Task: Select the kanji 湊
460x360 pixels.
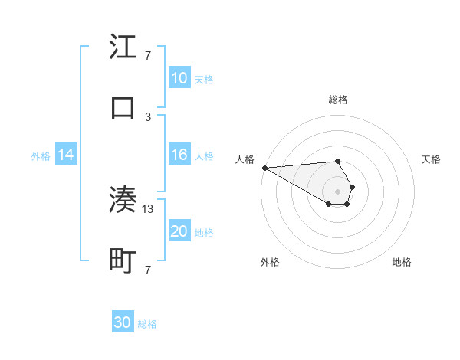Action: click(123, 200)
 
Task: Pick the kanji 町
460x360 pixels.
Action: click(123, 261)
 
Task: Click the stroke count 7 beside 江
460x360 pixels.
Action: click(148, 56)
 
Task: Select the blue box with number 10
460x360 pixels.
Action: click(179, 78)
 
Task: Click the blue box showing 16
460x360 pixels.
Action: click(179, 155)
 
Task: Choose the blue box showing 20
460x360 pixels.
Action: click(179, 231)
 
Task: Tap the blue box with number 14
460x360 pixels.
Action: click(66, 155)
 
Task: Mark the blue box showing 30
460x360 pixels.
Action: click(123, 323)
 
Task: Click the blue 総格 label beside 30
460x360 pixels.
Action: click(147, 324)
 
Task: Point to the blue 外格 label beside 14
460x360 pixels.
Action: click(41, 155)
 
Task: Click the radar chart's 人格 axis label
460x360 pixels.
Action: click(245, 159)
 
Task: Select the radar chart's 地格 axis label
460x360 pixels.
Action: click(402, 263)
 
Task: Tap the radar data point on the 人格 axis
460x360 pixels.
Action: click(264, 168)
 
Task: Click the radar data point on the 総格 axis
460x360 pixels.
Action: click(337, 161)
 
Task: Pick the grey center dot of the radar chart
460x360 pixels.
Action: click(337, 191)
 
